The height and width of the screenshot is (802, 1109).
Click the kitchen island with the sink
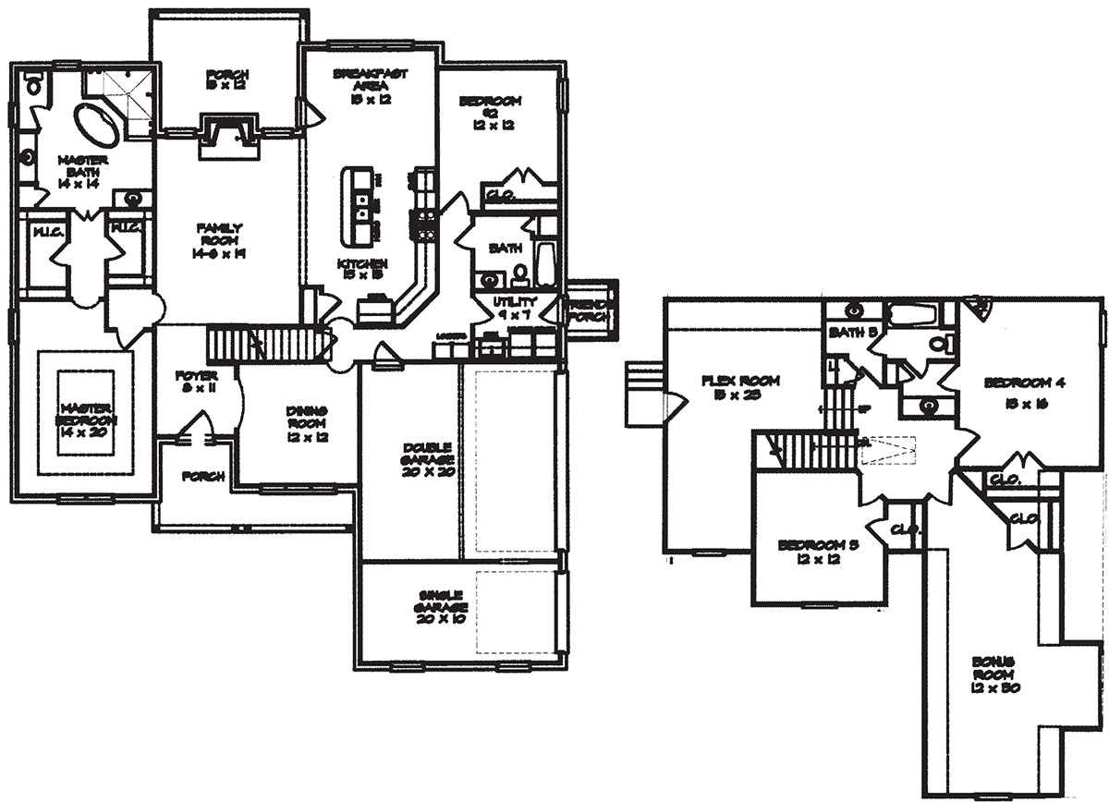click(359, 206)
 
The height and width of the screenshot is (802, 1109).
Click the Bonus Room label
click(993, 675)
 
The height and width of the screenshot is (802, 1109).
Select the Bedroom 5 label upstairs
click(819, 553)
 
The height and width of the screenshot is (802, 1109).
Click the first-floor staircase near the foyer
click(268, 345)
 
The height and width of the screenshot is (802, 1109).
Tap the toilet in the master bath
click(34, 86)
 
